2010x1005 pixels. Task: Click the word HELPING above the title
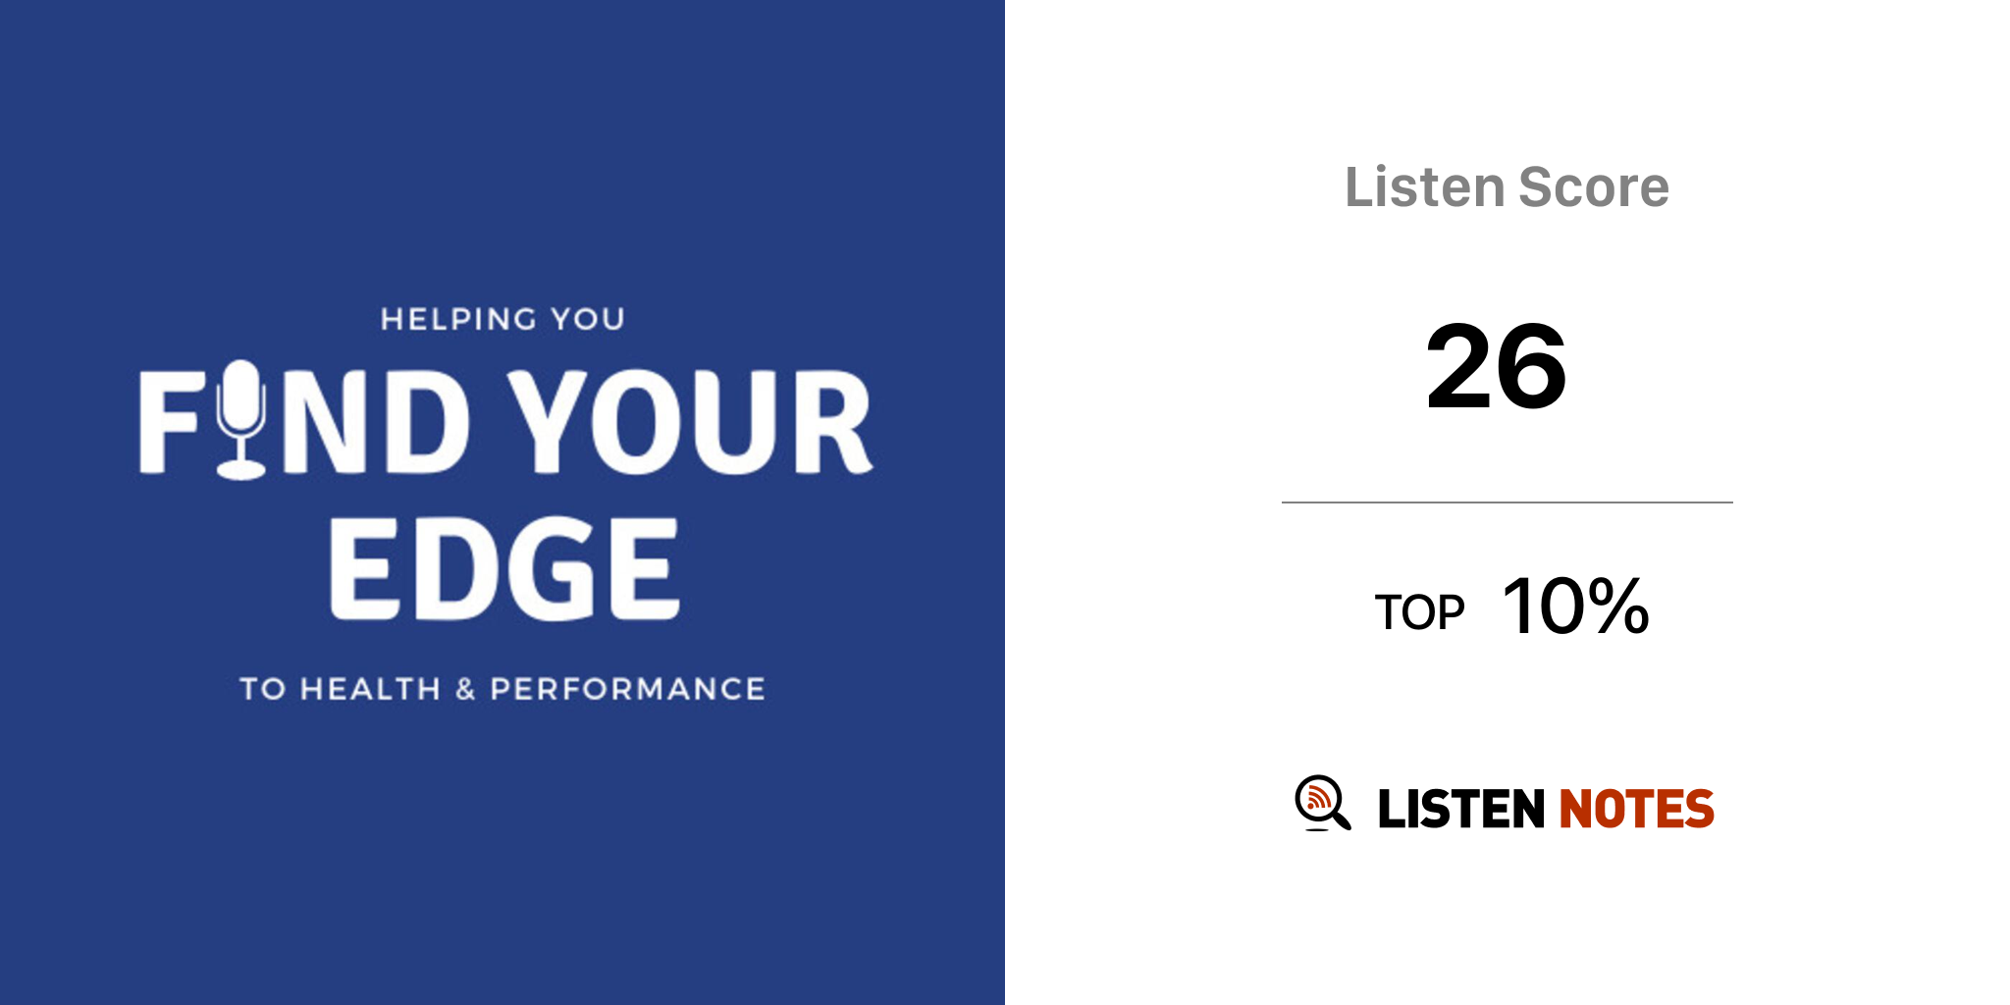click(x=458, y=319)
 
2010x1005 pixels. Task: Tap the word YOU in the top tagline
click(x=588, y=319)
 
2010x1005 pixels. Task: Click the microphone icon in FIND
click(x=241, y=420)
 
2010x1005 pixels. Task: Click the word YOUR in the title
click(x=690, y=422)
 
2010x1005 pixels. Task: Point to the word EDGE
click(x=504, y=568)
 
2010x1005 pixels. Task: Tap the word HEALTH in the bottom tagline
click(x=370, y=689)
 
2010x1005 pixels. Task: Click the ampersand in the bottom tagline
click(x=465, y=689)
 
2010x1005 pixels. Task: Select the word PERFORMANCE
click(x=627, y=689)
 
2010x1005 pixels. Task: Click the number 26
click(x=1496, y=367)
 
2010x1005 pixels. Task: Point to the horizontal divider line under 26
click(x=1507, y=502)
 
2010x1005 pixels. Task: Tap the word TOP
click(x=1419, y=612)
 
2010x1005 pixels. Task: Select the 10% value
click(x=1576, y=606)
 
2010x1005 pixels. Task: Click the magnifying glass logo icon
click(x=1322, y=803)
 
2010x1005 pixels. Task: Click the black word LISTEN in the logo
click(x=1461, y=809)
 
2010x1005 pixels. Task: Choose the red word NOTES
click(x=1636, y=809)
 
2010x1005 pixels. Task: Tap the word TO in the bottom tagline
click(x=263, y=689)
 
